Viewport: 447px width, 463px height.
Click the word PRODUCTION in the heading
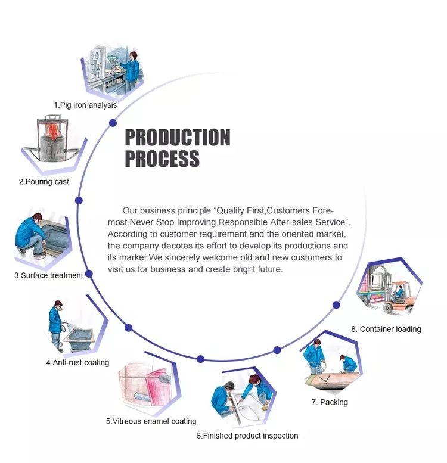click(x=177, y=138)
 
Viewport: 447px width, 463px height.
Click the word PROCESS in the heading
click(x=162, y=159)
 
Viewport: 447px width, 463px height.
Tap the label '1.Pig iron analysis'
click(x=85, y=105)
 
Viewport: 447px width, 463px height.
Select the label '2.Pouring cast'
click(x=44, y=182)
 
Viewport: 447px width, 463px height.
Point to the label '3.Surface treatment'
click(x=48, y=275)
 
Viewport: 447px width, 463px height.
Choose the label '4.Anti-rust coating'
click(x=77, y=362)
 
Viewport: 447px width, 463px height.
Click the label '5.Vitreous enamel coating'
click(x=151, y=421)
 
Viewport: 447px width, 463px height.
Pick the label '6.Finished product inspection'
click(x=247, y=436)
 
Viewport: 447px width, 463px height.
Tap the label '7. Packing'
click(x=329, y=402)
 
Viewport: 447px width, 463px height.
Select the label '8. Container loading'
click(x=386, y=329)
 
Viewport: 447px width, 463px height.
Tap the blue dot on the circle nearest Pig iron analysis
click(x=112, y=123)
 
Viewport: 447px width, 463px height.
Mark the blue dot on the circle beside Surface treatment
click(x=89, y=275)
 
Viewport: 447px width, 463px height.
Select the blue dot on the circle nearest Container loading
click(x=336, y=304)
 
